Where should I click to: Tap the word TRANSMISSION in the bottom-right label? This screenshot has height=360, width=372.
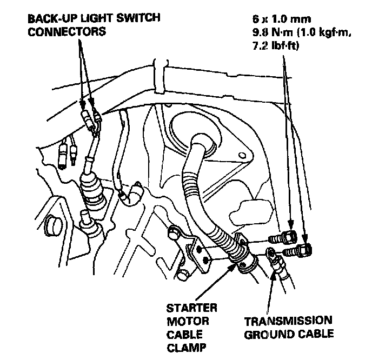pos(287,321)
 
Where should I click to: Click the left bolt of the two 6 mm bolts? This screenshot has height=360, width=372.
pos(288,237)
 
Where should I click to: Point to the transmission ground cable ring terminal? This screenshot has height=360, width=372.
pos(270,252)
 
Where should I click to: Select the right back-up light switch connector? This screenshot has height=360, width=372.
pos(97,115)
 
